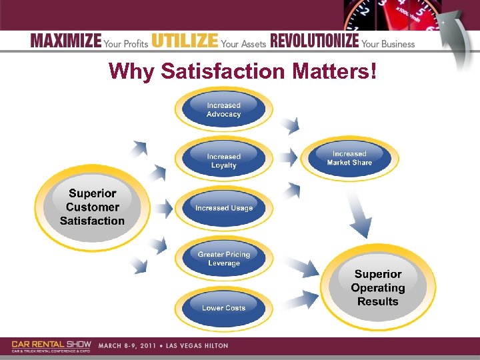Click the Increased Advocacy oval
223,109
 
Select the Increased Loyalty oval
223,161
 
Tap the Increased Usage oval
224,208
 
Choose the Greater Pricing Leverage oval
224,259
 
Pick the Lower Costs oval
224,308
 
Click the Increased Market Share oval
349,158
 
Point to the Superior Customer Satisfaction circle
92,207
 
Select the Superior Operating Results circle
378,287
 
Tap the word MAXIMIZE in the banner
66,41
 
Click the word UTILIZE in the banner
185,41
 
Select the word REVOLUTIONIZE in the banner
314,41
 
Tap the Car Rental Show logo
51,346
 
